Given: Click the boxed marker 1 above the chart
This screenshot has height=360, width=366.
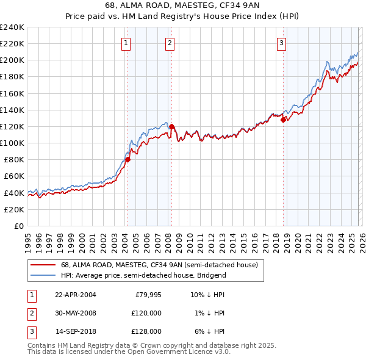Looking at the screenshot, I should click(125, 43).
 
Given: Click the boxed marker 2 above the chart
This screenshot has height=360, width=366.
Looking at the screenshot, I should click(169, 43).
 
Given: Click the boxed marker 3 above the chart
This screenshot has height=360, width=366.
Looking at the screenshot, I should click(281, 43).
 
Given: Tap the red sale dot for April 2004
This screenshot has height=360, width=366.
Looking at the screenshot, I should click(127, 160).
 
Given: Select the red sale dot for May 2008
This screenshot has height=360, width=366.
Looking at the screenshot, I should click(171, 127).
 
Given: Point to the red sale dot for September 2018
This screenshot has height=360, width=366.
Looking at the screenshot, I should click(283, 120).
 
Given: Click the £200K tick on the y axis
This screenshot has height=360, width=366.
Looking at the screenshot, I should click(12, 60).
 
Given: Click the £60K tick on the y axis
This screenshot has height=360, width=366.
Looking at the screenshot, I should click(13, 176).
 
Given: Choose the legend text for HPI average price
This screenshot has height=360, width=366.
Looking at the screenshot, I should click(143, 275).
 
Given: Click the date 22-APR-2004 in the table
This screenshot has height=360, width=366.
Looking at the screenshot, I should click(76, 295).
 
